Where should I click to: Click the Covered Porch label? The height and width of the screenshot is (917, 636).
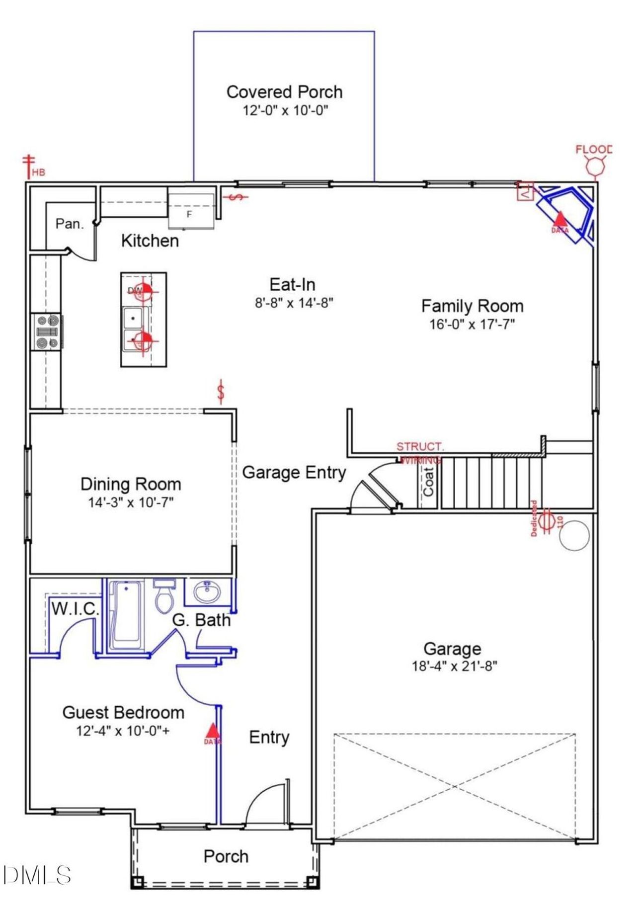284,92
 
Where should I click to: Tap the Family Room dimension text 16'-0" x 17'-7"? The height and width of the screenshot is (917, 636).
472,324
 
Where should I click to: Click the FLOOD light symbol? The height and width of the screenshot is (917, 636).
595,164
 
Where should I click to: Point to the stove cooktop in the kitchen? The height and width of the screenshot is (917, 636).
48,332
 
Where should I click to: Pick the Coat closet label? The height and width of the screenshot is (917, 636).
428,482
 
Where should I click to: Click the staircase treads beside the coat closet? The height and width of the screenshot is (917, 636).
490,482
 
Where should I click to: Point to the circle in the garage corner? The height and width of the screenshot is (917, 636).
574,535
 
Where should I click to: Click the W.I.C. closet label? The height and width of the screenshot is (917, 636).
75,609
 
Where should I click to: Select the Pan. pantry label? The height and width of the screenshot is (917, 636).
70,224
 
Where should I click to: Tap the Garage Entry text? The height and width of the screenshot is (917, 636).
294,472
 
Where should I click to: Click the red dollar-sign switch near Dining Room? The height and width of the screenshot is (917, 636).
221,391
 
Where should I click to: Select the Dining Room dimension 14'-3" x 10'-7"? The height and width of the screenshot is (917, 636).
131,502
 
